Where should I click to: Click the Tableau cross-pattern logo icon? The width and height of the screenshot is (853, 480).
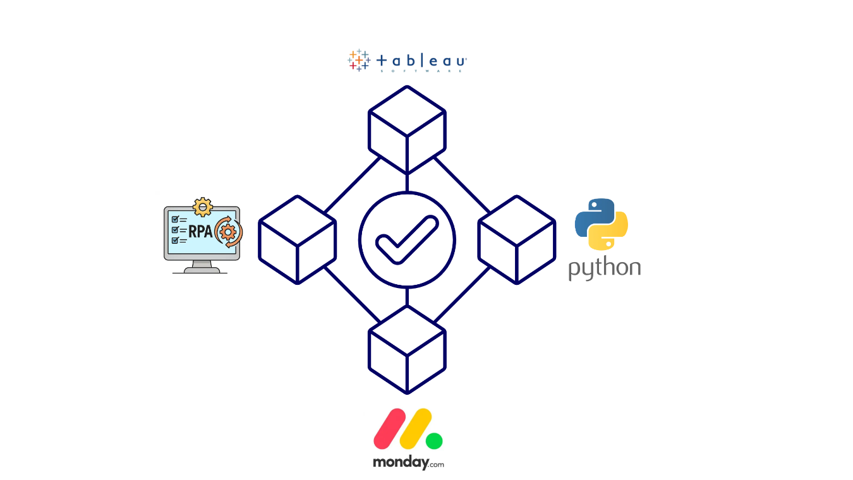click(359, 60)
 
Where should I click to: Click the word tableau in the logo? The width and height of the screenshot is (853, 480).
click(421, 61)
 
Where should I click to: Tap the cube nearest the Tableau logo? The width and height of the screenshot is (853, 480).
click(407, 129)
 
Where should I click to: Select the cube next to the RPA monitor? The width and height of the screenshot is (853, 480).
click(297, 239)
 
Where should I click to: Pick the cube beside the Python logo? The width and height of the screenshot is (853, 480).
click(517, 239)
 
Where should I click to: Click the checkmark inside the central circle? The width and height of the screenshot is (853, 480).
click(406, 239)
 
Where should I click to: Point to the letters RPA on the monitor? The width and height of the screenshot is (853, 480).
click(200, 230)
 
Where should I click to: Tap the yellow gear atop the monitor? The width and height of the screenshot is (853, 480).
click(202, 207)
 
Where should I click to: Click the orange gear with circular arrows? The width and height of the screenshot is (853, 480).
click(228, 232)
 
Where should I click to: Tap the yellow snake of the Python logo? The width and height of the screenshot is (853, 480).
click(611, 232)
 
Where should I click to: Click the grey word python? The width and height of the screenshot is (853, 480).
click(604, 268)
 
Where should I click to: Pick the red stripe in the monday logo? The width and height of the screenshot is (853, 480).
click(389, 428)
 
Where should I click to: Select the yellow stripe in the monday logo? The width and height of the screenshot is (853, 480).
click(416, 428)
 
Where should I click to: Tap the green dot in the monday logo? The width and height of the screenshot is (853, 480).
click(434, 441)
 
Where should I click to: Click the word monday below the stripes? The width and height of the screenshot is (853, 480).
click(401, 462)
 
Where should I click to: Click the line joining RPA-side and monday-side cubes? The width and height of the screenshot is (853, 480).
click(352, 294)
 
